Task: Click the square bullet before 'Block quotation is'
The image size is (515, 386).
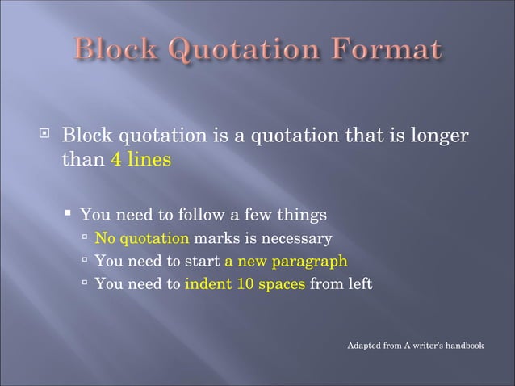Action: pyautogui.click(x=44, y=135)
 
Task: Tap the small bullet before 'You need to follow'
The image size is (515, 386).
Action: pyautogui.click(x=70, y=214)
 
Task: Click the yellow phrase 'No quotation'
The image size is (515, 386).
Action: pyautogui.click(x=142, y=239)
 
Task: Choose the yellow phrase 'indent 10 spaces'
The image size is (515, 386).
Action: pyautogui.click(x=245, y=284)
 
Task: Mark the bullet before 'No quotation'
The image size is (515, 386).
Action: pyautogui.click(x=86, y=239)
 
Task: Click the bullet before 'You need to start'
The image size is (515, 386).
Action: pyautogui.click(x=86, y=262)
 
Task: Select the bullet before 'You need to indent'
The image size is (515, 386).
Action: pyautogui.click(x=86, y=284)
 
